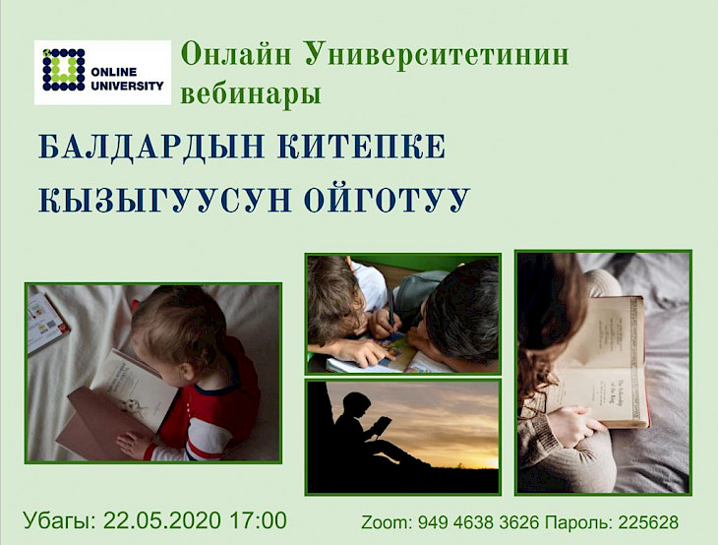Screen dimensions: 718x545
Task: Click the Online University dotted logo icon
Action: coord(64,69)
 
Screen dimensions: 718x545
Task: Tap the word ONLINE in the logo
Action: coord(113,72)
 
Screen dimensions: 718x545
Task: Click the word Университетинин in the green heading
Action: coord(437,54)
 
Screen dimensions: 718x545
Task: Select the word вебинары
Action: coord(251,93)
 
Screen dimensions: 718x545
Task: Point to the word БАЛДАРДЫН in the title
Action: coord(151,147)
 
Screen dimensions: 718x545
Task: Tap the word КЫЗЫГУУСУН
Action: coord(165,200)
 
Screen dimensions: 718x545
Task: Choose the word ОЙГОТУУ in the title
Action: coord(388,200)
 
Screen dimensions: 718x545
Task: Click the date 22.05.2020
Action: coord(162,520)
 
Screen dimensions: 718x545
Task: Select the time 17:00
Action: coord(259,520)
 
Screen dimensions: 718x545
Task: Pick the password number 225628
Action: coord(648,522)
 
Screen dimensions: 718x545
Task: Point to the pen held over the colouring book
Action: coord(391,306)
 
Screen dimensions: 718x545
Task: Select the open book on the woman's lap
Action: coord(595,362)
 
